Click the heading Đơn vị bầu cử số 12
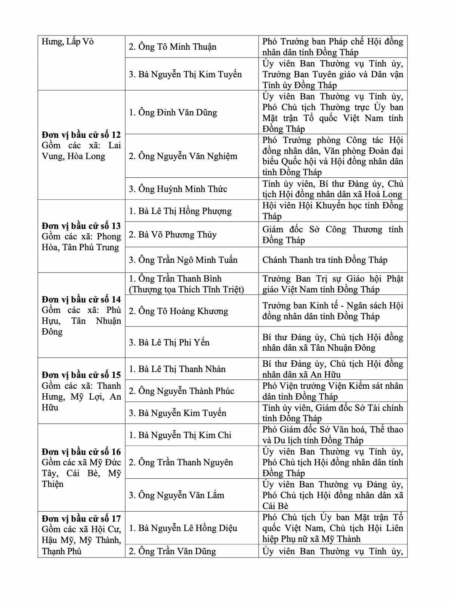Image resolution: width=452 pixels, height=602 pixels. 81,134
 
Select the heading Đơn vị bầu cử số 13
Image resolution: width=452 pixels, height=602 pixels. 81,226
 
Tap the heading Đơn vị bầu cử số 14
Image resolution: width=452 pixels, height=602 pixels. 81,299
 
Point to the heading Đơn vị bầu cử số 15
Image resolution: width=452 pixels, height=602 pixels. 81,375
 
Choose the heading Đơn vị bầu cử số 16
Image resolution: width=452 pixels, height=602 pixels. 81,452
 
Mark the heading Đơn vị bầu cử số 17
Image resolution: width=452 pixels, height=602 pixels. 81,518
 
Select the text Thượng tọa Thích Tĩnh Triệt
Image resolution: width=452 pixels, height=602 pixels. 186,289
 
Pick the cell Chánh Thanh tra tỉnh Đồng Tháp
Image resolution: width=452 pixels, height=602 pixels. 325,260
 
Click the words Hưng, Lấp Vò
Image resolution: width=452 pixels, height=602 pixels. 68,41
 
